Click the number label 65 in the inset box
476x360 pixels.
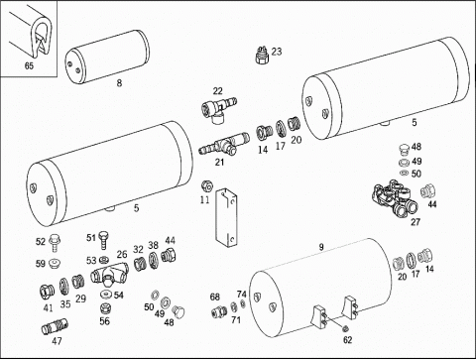(29, 65)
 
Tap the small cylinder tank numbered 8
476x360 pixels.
(106, 57)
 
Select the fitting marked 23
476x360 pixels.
(263, 56)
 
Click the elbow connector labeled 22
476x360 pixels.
(218, 110)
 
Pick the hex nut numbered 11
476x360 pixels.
(207, 187)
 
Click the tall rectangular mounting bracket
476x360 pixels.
(227, 217)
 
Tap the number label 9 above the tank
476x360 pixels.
(321, 247)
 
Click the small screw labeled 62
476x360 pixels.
(346, 328)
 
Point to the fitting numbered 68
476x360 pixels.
(219, 311)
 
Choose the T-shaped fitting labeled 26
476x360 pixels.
(109, 274)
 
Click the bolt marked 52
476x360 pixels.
(54, 243)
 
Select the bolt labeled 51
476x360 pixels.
(103, 240)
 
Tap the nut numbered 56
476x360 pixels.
(105, 308)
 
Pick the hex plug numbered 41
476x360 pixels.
(48, 291)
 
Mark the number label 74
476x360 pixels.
(242, 294)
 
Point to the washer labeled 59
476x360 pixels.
(55, 264)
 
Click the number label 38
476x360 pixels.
(153, 245)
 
